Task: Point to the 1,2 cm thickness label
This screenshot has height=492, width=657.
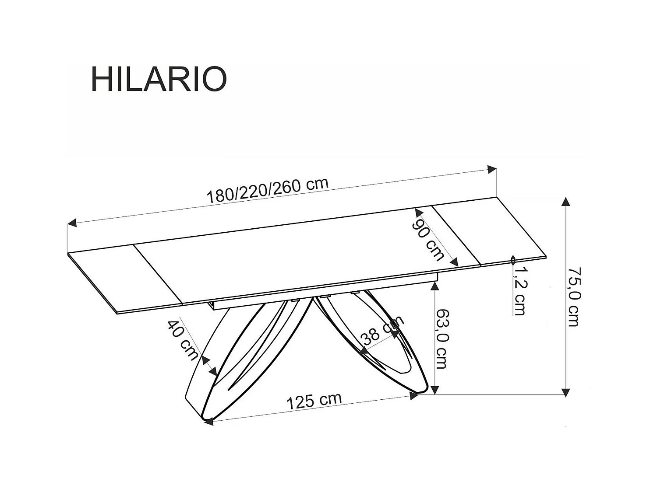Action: coord(520,291)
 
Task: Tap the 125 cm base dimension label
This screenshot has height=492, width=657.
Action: coord(314,401)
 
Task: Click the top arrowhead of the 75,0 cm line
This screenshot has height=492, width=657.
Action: coord(566,202)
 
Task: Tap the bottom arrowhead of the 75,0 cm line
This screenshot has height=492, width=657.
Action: coord(566,391)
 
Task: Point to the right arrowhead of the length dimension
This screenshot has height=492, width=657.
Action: coord(493,169)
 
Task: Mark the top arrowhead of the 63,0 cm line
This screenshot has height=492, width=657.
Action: coord(434,285)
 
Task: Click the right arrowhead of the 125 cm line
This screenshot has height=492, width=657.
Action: coord(413,395)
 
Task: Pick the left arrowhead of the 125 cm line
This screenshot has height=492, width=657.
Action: coord(209,422)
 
